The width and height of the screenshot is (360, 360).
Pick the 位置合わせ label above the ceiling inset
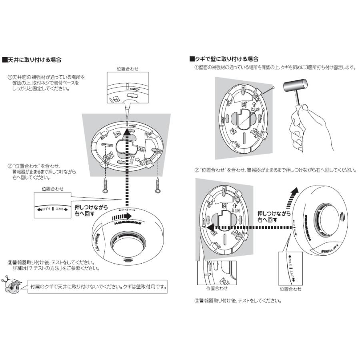coord(127,69)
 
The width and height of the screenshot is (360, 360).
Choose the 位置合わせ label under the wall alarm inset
coord(291,289)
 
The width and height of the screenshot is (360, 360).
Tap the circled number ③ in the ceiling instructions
coord(10,263)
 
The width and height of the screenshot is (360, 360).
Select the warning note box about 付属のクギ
coord(98,287)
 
